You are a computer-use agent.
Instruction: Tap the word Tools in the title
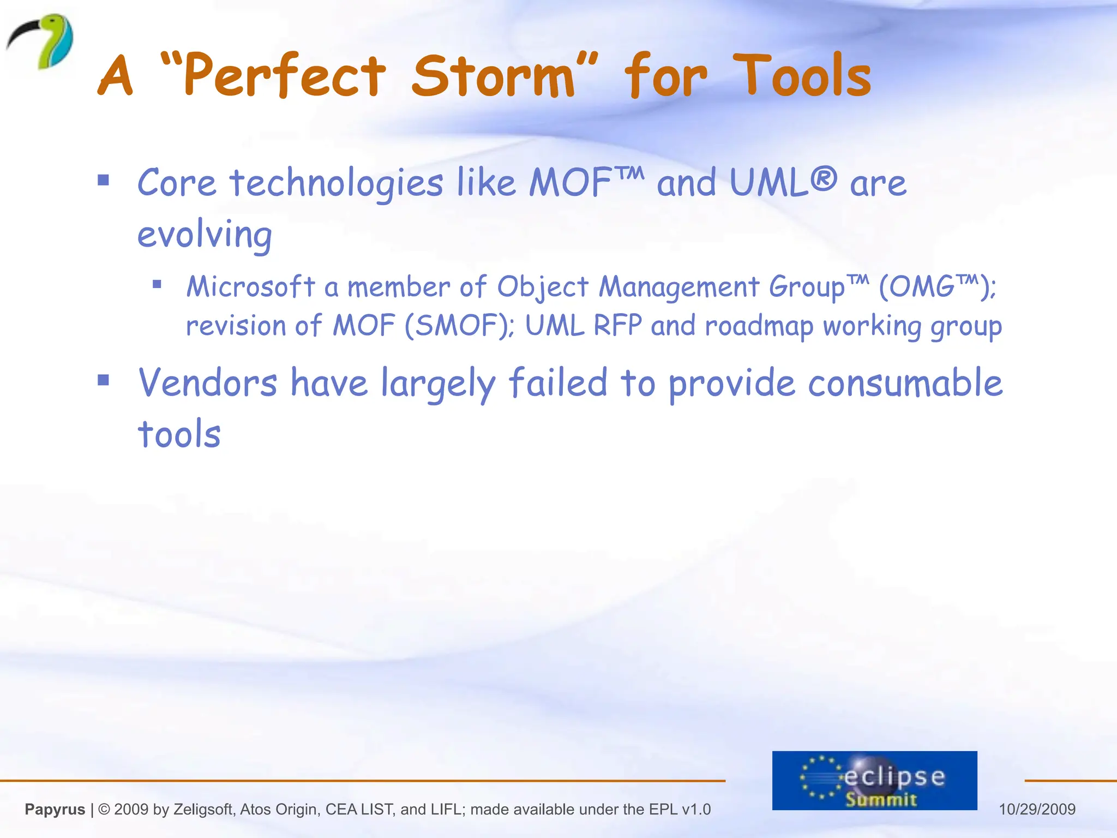pos(802,76)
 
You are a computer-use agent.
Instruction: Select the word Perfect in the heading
pos(284,76)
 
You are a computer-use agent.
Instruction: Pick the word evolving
pos(205,235)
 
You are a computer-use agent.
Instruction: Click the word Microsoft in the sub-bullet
pos(251,286)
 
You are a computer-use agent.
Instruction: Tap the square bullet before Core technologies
pos(104,181)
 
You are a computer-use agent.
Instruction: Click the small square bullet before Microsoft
pos(157,284)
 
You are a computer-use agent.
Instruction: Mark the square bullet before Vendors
pos(104,380)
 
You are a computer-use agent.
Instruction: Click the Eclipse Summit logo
pos(874,780)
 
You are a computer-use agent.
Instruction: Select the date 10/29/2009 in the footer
pos(1037,809)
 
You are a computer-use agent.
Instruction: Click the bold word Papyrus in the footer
pos(55,809)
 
